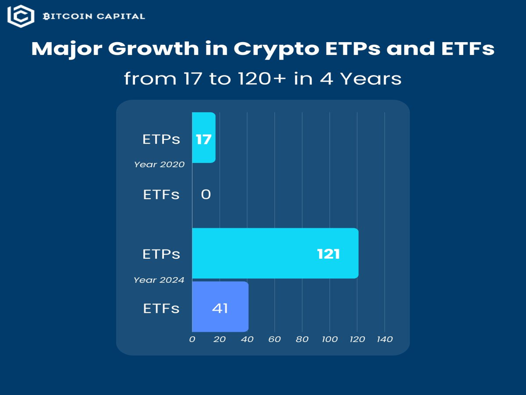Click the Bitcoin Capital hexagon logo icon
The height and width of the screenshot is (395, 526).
point(21,16)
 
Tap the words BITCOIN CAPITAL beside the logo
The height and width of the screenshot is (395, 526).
point(93,16)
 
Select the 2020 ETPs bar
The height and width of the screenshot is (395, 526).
point(203,137)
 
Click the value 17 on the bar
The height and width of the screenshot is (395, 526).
point(203,139)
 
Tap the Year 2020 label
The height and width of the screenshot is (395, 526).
point(159,165)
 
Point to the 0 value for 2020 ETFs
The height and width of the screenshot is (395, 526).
point(205,194)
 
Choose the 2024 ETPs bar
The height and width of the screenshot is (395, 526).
point(275,253)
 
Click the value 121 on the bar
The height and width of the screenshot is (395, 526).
point(328,254)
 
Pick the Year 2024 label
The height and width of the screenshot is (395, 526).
point(159,280)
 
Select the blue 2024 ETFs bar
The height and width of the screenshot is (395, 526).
point(220,307)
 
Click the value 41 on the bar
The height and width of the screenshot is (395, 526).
point(220,308)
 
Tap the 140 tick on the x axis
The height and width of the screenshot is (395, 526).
point(385,339)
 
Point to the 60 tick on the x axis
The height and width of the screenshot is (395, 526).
point(274,339)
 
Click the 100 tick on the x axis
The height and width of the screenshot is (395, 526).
point(329,339)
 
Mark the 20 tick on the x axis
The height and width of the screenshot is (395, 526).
point(219,339)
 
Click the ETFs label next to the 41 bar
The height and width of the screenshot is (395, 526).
point(161,308)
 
